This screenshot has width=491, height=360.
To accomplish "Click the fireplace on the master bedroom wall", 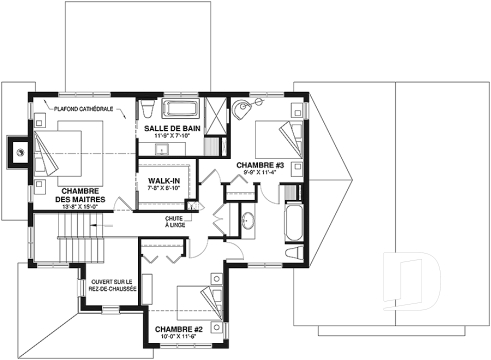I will point(17,152).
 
